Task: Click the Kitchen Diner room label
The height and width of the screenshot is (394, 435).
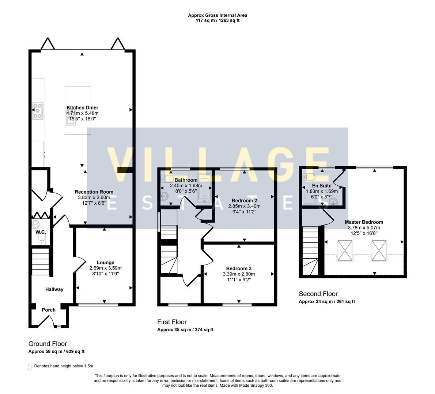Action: point(82,108)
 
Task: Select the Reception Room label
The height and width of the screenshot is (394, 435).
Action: point(94,192)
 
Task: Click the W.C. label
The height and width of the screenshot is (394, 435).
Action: point(40,232)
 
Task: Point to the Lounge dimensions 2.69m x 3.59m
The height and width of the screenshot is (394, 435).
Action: point(105,268)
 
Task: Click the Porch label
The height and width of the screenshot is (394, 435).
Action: point(49,310)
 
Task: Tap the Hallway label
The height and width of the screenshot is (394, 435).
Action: point(54,289)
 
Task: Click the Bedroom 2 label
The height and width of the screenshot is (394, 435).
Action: point(244,201)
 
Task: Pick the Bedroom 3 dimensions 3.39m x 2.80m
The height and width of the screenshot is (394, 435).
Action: point(238,274)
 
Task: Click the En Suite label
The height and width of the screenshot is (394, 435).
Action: point(322,186)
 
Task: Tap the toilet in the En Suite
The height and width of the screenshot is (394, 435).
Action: point(309,177)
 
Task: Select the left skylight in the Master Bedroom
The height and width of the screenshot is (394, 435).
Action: point(345,251)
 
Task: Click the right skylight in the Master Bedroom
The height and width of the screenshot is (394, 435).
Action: point(379,251)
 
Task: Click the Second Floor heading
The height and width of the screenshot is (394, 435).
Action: point(318,294)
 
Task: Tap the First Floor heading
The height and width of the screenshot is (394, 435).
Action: point(172,322)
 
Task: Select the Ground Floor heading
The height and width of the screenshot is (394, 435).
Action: point(48,344)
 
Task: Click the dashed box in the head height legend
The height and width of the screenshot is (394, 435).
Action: point(30,366)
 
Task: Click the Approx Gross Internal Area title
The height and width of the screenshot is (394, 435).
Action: point(217,15)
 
